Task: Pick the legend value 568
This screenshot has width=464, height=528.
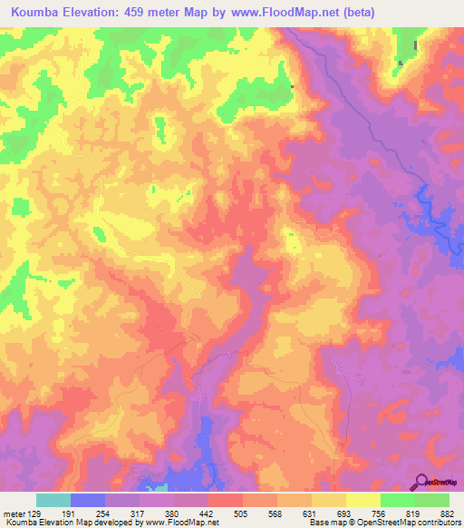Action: click(x=277, y=513)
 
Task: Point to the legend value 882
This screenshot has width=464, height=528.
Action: click(x=449, y=513)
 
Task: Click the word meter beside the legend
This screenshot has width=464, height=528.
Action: click(x=14, y=513)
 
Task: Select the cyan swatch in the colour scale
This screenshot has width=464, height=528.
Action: click(x=53, y=500)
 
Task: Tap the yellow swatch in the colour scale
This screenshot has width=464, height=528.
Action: click(x=363, y=500)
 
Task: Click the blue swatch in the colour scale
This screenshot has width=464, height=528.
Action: click(x=88, y=500)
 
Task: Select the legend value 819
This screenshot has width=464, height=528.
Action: click(x=414, y=513)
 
